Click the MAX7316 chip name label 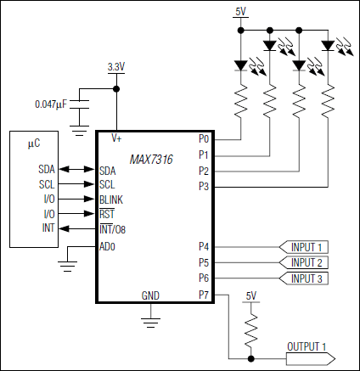point(152,159)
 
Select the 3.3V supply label point(116,66)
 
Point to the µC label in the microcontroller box point(34,145)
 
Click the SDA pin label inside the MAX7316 point(107,170)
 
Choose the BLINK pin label point(112,199)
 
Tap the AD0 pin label point(108,246)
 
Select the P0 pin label point(204,138)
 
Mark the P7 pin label point(204,295)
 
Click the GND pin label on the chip point(151,295)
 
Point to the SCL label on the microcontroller point(47,184)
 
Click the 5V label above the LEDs point(240,10)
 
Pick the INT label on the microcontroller point(49,228)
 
